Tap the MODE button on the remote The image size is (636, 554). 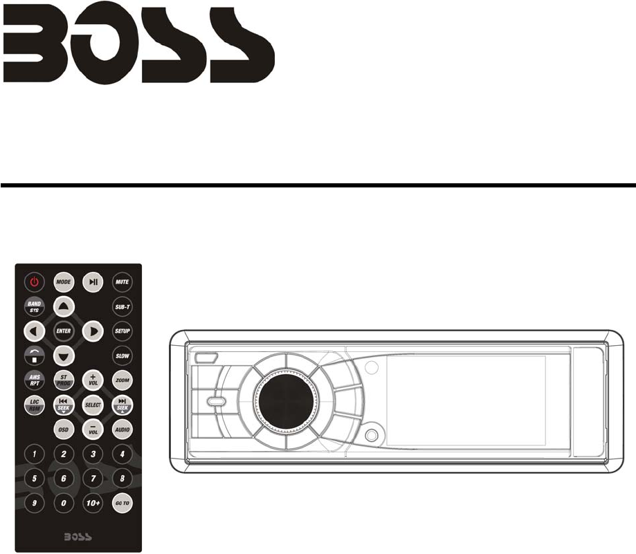(x=64, y=282)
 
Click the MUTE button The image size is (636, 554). (x=122, y=282)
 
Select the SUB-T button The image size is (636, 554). (x=122, y=306)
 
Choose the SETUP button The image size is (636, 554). (x=122, y=331)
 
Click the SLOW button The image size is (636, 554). (x=122, y=356)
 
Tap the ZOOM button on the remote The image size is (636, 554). (x=122, y=380)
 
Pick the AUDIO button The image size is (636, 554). (x=122, y=430)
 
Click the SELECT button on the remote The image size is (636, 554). (x=93, y=405)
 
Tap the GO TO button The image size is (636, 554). (x=122, y=503)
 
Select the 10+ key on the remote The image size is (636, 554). (x=93, y=503)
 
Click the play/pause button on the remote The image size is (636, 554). (x=93, y=282)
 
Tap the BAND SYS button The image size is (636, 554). (x=34, y=306)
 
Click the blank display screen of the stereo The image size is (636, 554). (x=465, y=400)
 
